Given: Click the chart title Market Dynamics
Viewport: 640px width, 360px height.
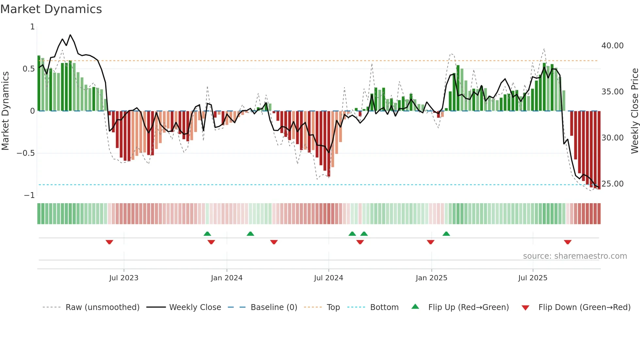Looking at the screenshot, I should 51,9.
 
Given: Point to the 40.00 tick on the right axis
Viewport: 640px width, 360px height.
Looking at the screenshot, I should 612,46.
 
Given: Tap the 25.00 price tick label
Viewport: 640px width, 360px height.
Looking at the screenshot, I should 612,184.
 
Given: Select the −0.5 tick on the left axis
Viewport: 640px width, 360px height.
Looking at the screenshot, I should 25,153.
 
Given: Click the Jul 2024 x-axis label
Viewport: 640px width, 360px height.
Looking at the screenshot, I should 328,278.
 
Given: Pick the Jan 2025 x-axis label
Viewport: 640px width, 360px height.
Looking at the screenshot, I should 431,278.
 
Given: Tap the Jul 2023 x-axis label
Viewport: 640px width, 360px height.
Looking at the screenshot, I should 124,278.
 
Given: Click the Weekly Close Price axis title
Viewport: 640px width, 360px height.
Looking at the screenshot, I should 634,111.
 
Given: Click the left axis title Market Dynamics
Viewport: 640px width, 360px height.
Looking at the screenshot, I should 6,111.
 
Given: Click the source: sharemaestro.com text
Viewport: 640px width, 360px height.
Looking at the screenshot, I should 575,256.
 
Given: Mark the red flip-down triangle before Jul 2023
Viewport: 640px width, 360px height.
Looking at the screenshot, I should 109,242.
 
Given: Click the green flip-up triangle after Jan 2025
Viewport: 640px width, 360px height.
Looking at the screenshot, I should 446,234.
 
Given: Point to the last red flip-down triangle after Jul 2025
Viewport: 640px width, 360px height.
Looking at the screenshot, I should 568,242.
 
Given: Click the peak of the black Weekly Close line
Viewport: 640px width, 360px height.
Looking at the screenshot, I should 70,35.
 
